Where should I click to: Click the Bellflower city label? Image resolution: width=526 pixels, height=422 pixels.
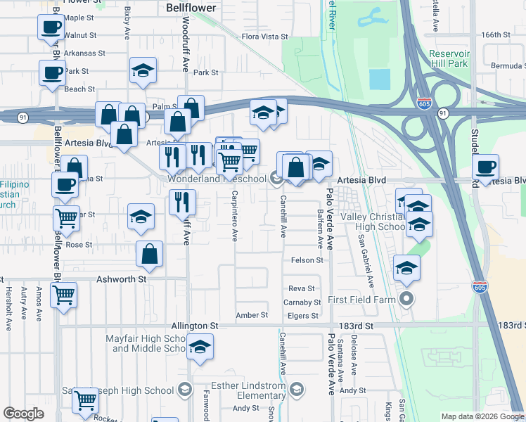(x=192, y=8)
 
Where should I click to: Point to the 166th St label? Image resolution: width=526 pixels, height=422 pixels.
(x=495, y=34)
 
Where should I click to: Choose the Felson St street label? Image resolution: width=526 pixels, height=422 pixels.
(x=307, y=260)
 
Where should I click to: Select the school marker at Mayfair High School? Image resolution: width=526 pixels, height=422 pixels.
(x=200, y=347)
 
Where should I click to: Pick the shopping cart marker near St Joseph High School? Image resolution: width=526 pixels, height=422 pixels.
(x=86, y=401)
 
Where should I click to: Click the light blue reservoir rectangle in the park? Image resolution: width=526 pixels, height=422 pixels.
(x=379, y=79)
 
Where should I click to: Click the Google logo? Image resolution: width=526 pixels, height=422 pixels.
(x=24, y=414)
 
